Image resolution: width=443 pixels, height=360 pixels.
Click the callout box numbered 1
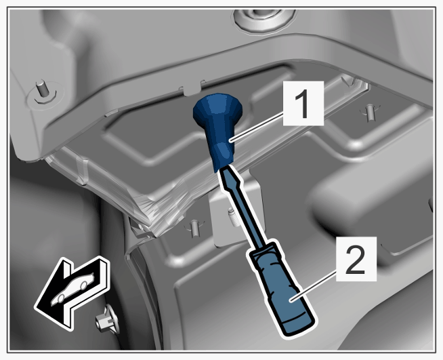point(303,103)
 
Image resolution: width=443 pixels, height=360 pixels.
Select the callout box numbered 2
point(356,259)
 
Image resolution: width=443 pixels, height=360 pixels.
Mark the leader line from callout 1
point(257,127)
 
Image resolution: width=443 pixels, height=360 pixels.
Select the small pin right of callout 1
point(370,113)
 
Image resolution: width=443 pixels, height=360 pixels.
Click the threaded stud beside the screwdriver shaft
point(234,217)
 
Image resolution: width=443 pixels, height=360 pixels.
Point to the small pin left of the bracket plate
point(194,228)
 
